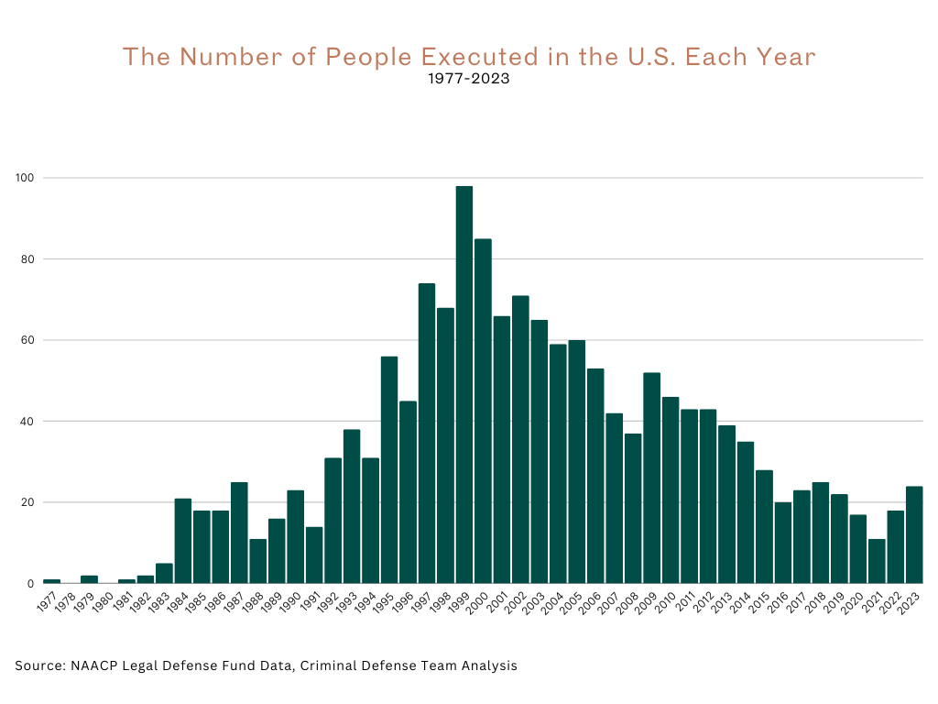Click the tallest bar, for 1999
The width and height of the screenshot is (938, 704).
[464, 385]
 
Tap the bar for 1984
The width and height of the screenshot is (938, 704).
[183, 541]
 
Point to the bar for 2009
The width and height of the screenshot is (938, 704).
[651, 478]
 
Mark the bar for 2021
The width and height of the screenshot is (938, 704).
[877, 561]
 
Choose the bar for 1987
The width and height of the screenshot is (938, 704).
[239, 533]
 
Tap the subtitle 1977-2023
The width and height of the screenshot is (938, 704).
[468, 80]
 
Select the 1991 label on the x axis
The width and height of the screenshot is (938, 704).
[311, 602]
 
